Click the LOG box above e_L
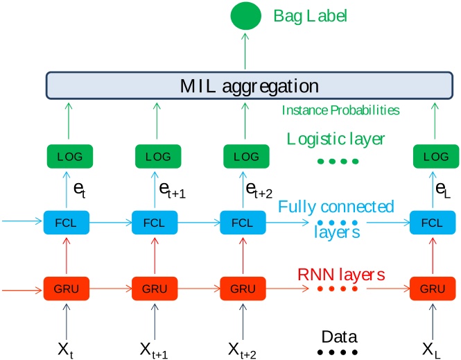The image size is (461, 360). click(x=433, y=157)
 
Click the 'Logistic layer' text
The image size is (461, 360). click(x=336, y=139)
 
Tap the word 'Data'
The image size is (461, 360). click(x=339, y=337)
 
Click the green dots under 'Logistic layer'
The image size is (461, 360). click(x=338, y=162)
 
